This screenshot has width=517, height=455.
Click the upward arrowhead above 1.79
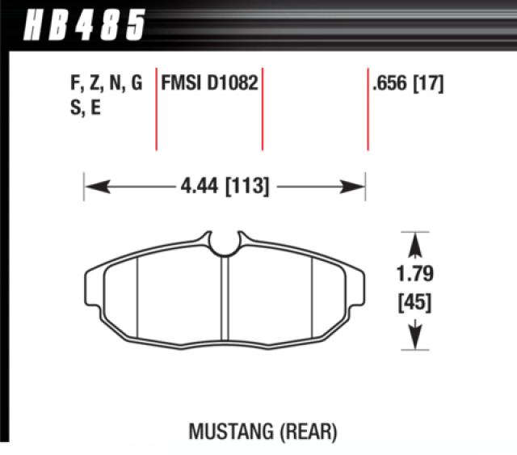tap(415, 242)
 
